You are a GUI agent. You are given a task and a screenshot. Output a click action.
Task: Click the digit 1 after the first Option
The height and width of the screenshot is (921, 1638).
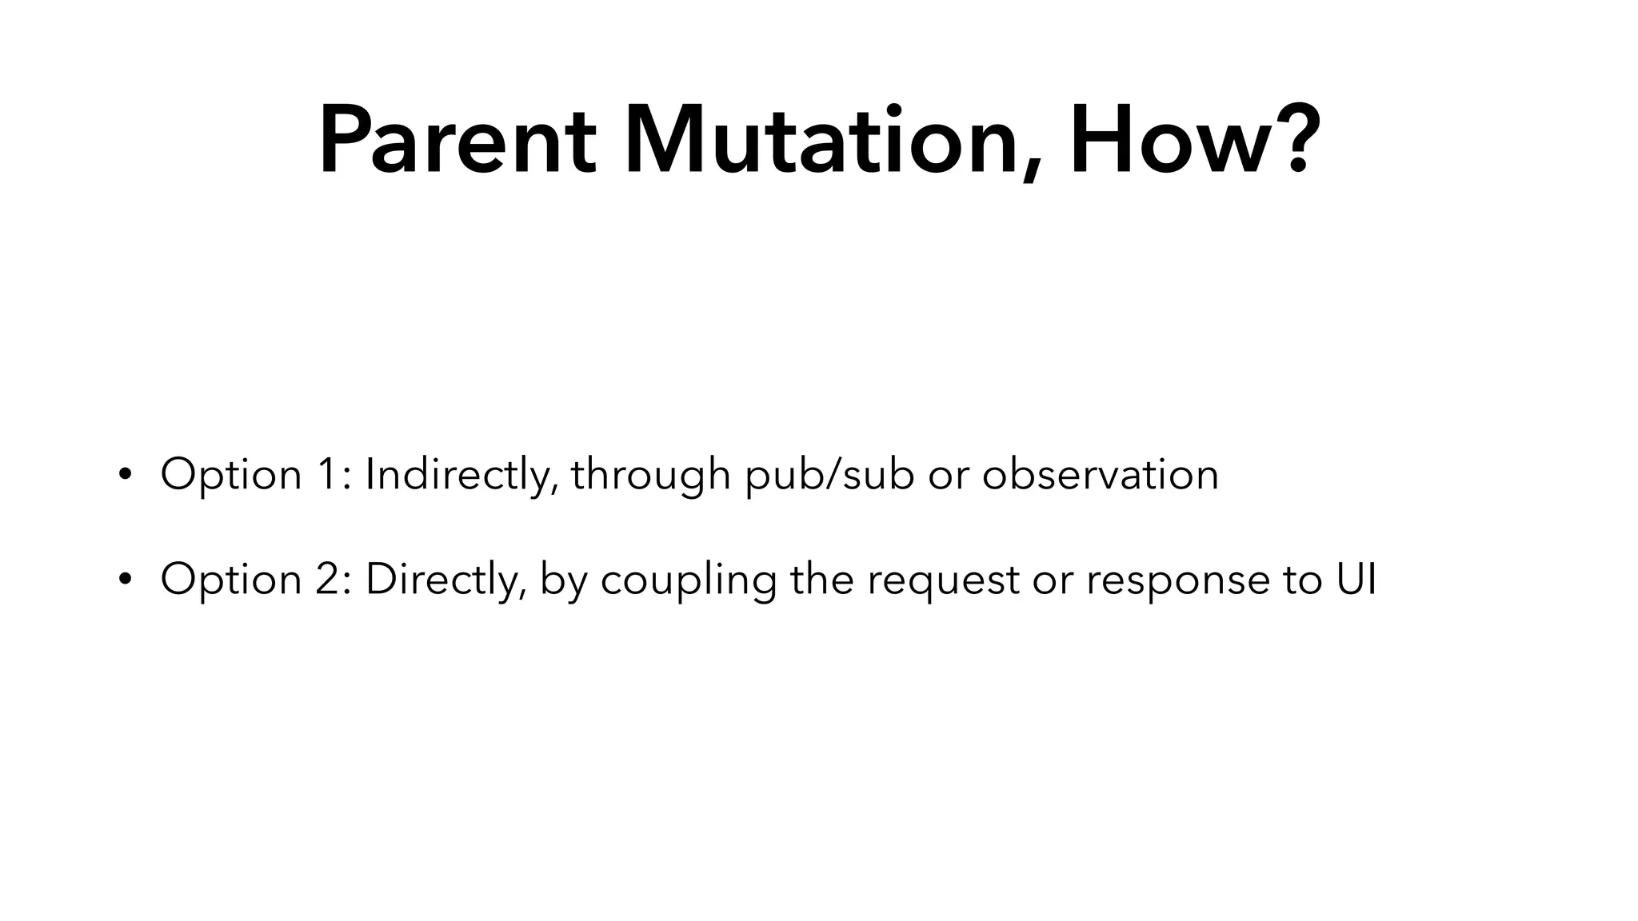330,475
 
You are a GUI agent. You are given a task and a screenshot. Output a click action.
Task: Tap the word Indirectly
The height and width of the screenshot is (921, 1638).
461,475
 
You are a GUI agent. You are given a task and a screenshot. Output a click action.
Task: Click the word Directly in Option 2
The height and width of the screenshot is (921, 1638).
445,580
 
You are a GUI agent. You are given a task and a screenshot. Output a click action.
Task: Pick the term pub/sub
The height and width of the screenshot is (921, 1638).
829,475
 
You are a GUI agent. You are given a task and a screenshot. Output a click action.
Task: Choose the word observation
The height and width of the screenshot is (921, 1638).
1100,475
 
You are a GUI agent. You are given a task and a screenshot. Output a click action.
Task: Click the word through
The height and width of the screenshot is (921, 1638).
650,475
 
